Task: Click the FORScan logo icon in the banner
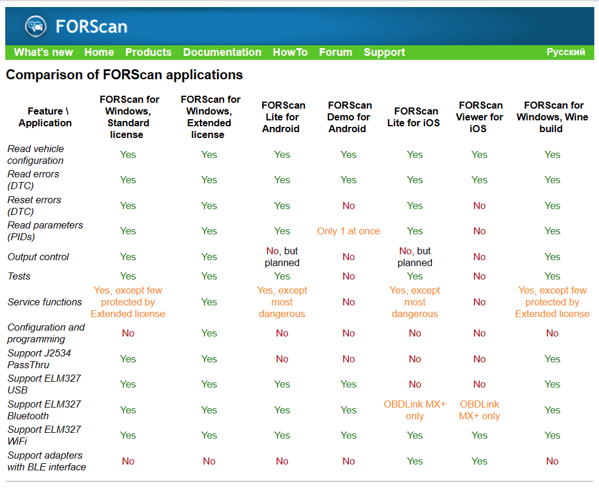click(35, 26)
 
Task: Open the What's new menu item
click(43, 52)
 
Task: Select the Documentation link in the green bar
click(222, 52)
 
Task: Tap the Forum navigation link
click(336, 52)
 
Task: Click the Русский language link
click(565, 52)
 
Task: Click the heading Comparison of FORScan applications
click(124, 75)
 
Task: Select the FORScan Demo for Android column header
click(349, 117)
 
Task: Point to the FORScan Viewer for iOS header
click(480, 117)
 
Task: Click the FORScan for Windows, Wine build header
click(553, 117)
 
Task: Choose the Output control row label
click(38, 257)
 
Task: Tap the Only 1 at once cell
click(349, 231)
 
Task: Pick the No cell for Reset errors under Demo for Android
click(349, 206)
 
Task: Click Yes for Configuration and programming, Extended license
click(209, 334)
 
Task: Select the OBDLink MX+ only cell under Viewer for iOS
click(480, 410)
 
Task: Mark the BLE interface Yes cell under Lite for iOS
click(414, 462)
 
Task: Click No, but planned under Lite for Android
click(282, 257)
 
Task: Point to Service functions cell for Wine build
click(552, 302)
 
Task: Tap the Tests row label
click(19, 277)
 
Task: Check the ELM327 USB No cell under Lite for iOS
click(414, 385)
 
